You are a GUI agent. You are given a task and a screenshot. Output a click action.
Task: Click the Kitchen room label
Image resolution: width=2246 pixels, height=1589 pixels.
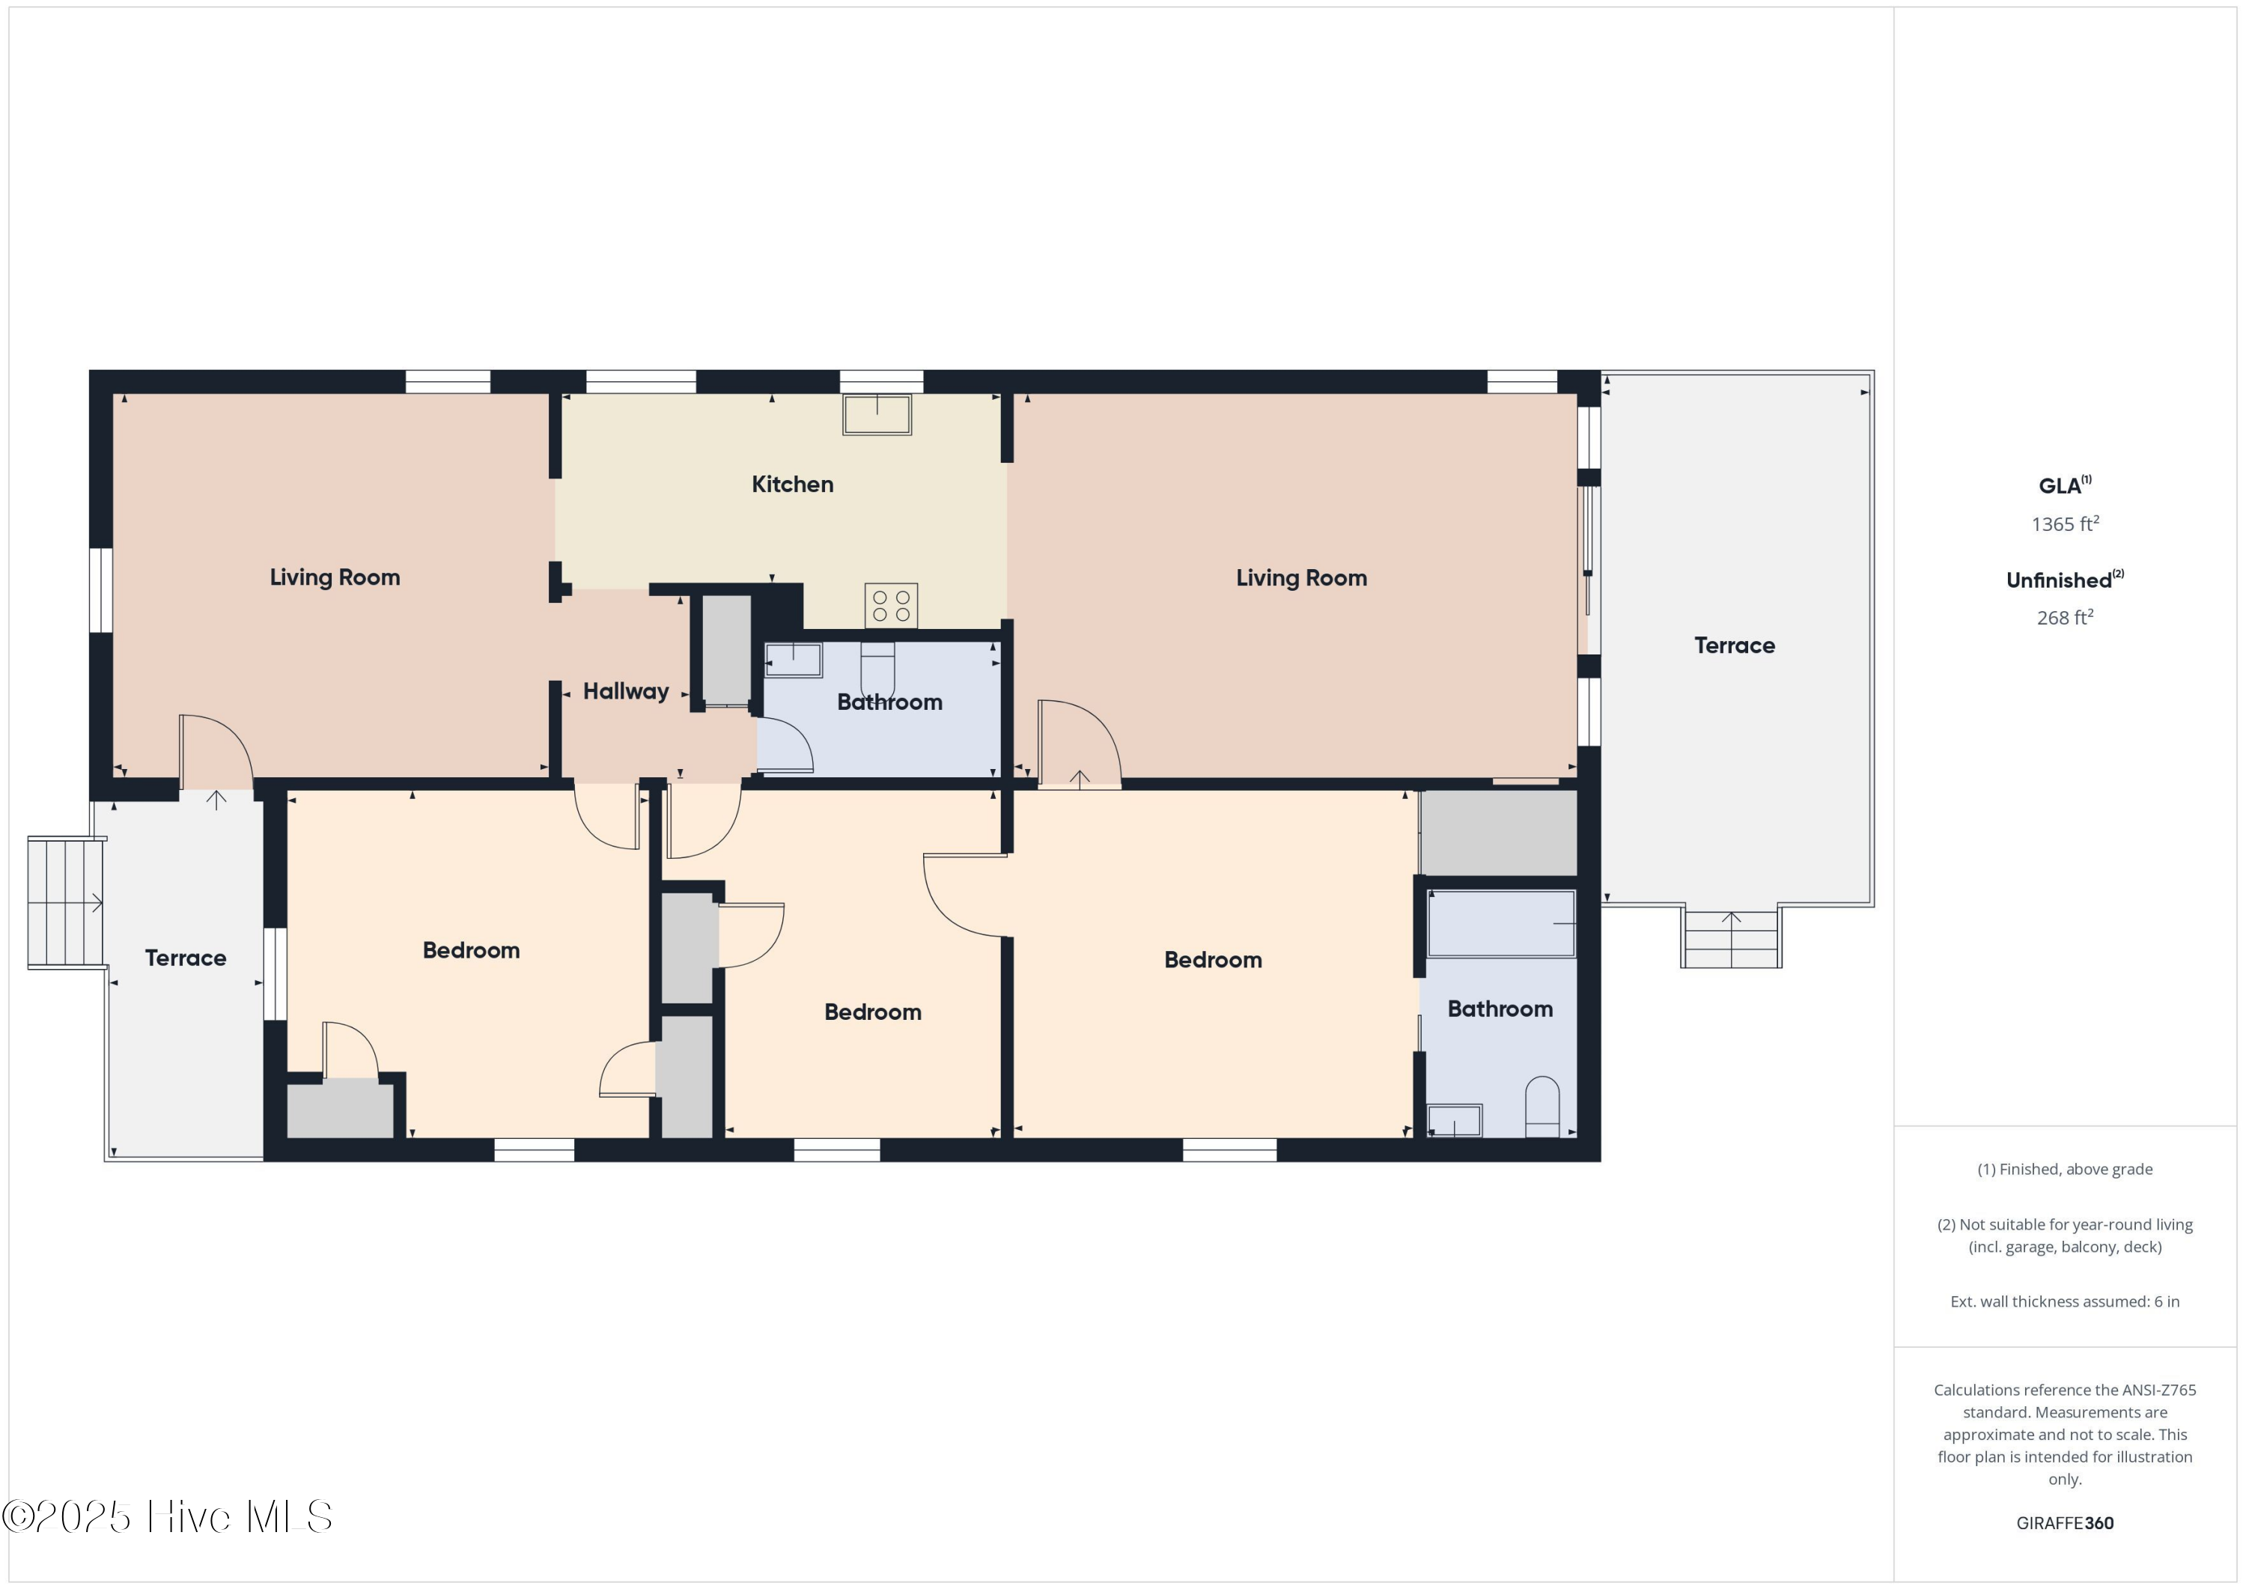coord(792,484)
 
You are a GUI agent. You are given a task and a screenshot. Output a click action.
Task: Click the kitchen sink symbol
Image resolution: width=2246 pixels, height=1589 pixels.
coord(877,414)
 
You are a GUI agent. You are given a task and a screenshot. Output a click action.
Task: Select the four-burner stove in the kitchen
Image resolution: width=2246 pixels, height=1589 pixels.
coord(890,605)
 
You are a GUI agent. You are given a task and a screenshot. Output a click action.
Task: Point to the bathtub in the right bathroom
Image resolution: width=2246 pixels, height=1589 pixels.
coord(1500,923)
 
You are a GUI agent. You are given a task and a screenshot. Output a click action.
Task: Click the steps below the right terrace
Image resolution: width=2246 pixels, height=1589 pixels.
coord(1730,938)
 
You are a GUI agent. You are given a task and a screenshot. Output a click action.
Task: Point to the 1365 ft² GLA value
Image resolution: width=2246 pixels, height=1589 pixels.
coord(2064,523)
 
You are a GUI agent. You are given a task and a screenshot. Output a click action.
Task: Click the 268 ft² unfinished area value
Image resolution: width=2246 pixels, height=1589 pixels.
coord(2064,617)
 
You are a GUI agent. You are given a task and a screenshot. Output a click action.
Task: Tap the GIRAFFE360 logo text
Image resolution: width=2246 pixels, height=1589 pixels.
coord(2064,1522)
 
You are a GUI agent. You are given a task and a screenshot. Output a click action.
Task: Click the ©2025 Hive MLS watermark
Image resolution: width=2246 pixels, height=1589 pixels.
coord(167,1516)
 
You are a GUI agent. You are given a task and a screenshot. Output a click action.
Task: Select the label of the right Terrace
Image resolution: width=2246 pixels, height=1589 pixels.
coord(1735,645)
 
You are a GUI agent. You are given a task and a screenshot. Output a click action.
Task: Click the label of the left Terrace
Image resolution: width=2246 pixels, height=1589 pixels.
coord(185,958)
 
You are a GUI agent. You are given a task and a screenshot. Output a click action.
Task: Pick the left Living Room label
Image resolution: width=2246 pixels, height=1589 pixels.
coord(335,577)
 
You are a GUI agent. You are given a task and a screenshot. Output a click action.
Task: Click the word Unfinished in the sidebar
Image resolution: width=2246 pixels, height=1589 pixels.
coord(2057,580)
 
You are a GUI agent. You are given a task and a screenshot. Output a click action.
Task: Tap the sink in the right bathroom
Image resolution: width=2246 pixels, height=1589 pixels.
coord(1454,1120)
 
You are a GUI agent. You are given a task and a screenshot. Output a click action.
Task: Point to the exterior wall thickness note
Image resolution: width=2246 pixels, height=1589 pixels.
coord(2064,1301)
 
